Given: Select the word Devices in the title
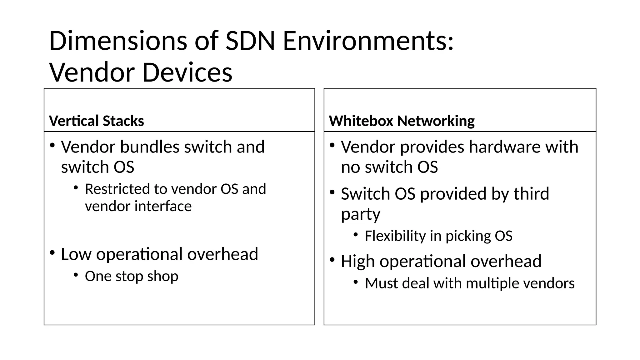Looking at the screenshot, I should [187, 72].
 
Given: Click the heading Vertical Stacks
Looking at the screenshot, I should [97, 121].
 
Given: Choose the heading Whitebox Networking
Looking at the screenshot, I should [402, 121].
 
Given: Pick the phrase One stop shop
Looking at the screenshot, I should [132, 276].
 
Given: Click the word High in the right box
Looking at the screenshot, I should [358, 261].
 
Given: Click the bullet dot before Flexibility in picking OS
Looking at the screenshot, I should [356, 235].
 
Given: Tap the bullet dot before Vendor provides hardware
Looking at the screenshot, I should [332, 145].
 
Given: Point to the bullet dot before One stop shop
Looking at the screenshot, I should [76, 275].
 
